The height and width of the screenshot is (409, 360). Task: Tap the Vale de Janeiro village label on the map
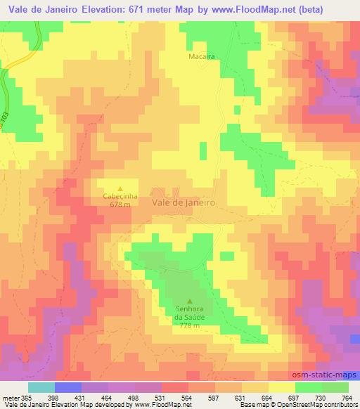tap(184, 201)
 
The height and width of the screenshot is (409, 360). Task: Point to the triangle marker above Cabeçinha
tap(119, 188)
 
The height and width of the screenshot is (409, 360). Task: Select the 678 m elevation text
tap(119, 204)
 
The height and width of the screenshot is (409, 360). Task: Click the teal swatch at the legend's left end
tap(41, 387)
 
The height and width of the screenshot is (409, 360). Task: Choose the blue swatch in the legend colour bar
tap(67, 387)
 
